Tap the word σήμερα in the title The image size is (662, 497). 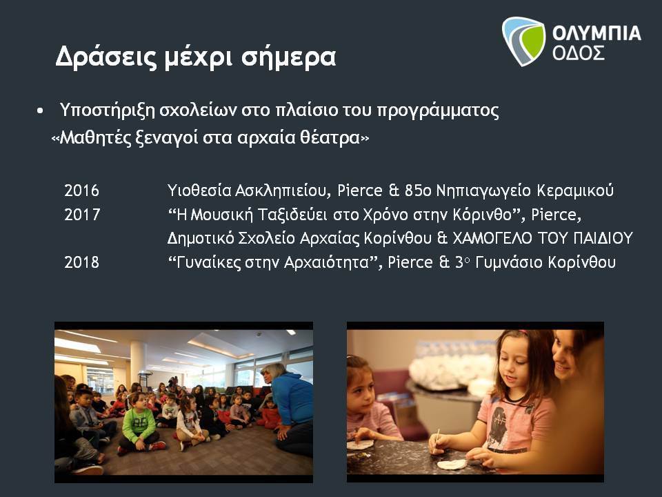(x=289, y=58)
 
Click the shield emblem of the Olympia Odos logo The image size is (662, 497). (x=523, y=41)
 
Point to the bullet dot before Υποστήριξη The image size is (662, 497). (x=40, y=111)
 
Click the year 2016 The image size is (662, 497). (x=81, y=191)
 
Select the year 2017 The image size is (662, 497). (x=82, y=215)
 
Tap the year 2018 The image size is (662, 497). (x=81, y=262)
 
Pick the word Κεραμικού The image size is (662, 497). (x=575, y=191)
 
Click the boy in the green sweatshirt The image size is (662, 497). (x=139, y=423)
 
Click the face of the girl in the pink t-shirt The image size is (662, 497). (x=511, y=363)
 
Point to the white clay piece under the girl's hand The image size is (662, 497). (x=452, y=464)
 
